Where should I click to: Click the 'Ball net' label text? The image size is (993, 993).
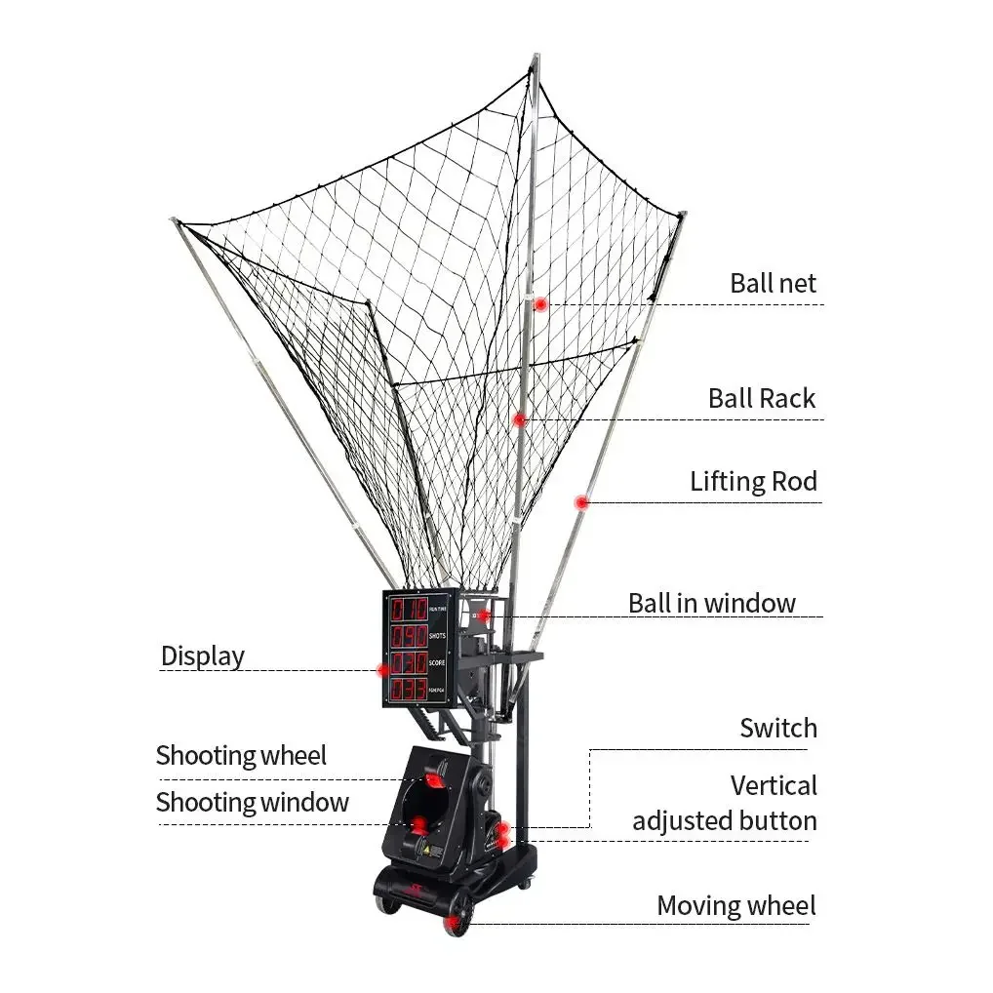pyautogui.click(x=773, y=284)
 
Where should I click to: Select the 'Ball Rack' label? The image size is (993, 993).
pyautogui.click(x=762, y=399)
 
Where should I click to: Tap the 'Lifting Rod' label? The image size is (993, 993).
pyautogui.click(x=753, y=482)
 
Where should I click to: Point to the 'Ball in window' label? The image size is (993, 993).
pyautogui.click(x=711, y=603)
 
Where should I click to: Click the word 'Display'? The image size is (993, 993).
pyautogui.click(x=203, y=656)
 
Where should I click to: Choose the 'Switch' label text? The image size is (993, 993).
pyautogui.click(x=777, y=729)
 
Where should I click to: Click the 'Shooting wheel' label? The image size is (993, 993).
pyautogui.click(x=241, y=756)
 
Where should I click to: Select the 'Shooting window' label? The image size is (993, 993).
pyautogui.click(x=252, y=803)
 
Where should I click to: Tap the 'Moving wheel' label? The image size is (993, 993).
pyautogui.click(x=735, y=906)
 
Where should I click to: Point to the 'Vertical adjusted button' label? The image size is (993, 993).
pyautogui.click(x=725, y=804)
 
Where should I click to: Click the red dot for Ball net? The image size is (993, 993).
pyautogui.click(x=540, y=304)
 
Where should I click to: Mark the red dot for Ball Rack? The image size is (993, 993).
pyautogui.click(x=520, y=420)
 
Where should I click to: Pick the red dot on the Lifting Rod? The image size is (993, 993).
pyautogui.click(x=581, y=503)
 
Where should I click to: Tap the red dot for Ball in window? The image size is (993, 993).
pyautogui.click(x=483, y=616)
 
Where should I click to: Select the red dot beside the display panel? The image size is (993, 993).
pyautogui.click(x=383, y=670)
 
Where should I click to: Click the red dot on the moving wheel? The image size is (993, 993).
pyautogui.click(x=455, y=922)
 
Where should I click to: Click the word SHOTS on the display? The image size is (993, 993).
pyautogui.click(x=437, y=636)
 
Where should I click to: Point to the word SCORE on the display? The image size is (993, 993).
pyautogui.click(x=437, y=663)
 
